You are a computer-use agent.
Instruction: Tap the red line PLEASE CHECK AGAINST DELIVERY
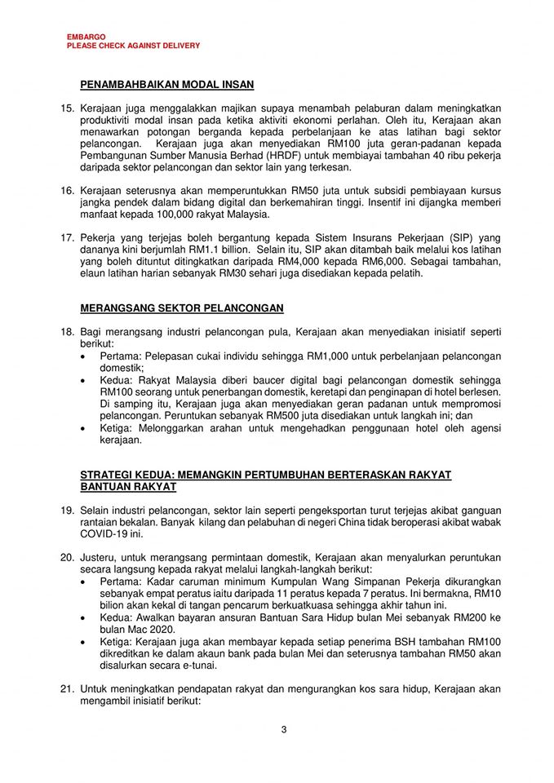pyautogui.click(x=133, y=46)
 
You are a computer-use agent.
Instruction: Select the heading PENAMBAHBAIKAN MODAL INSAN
pyautogui.click(x=167, y=84)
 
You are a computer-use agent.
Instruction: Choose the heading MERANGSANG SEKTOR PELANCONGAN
pyautogui.click(x=182, y=308)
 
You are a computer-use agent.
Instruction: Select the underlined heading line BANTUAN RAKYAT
pyautogui.click(x=127, y=487)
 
